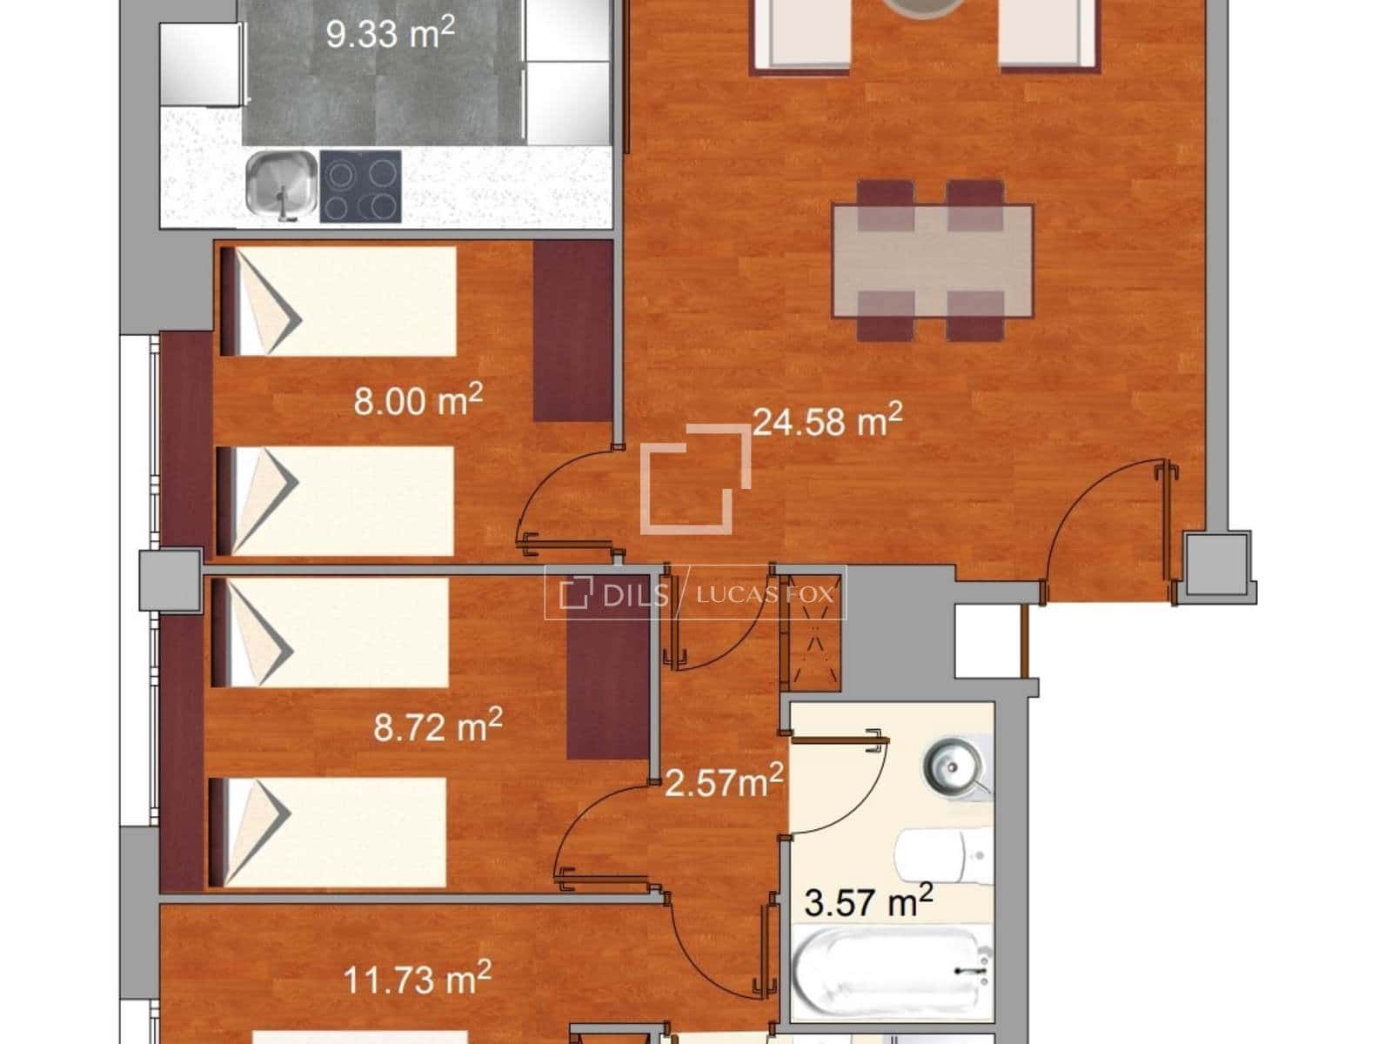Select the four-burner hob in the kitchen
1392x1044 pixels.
pyautogui.click(x=360, y=185)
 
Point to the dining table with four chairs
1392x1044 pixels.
pyautogui.click(x=932, y=259)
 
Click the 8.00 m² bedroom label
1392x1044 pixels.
pyautogui.click(x=418, y=401)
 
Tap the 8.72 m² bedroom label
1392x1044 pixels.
pyautogui.click(x=438, y=725)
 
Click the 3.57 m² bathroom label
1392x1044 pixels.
pyautogui.click(x=868, y=902)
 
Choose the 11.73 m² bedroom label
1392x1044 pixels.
pyautogui.click(x=418, y=979)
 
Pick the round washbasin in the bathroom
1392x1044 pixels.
pyautogui.click(x=954, y=767)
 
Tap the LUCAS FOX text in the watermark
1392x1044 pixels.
pyautogui.click(x=765, y=595)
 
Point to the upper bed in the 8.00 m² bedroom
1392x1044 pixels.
pyautogui.click(x=339, y=301)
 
